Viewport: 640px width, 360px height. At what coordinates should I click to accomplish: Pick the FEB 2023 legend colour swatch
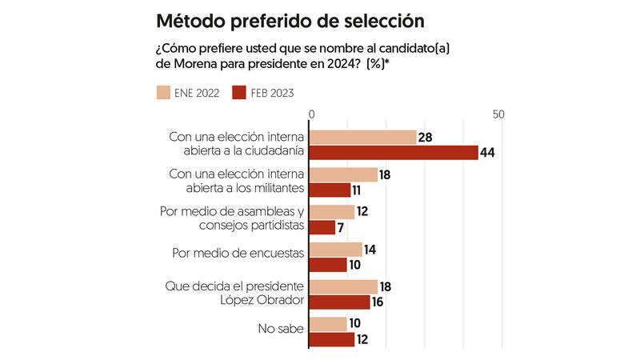238,93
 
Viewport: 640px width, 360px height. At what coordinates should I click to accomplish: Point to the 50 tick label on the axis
500,115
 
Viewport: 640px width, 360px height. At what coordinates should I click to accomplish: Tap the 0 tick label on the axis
311,115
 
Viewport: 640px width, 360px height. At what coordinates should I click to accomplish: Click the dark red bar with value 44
394,153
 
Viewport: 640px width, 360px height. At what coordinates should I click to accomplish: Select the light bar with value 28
363,138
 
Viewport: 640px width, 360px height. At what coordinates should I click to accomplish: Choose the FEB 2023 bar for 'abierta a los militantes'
330,190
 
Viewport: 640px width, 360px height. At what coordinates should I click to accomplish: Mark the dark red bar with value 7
323,227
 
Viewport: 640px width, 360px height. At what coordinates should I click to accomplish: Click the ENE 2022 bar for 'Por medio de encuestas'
336,249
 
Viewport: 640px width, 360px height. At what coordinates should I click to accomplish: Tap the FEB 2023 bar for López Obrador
340,302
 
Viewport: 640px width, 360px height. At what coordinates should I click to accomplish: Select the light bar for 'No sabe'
329,324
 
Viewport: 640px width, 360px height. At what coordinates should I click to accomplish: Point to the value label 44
488,153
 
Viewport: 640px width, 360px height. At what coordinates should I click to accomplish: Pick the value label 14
370,249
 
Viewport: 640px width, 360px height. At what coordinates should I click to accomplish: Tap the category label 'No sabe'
282,328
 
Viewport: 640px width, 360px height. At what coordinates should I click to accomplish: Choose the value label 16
378,302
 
